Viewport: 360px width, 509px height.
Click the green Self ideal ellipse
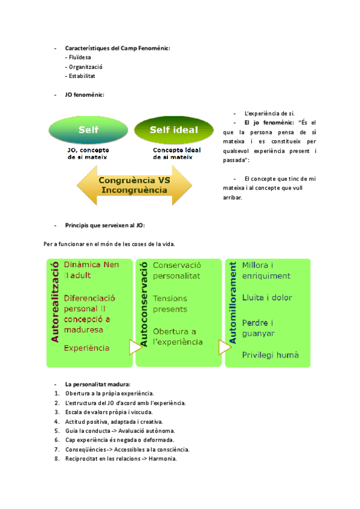(174, 130)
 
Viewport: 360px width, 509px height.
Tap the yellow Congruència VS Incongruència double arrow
(133, 185)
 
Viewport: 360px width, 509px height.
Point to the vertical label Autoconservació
(143, 306)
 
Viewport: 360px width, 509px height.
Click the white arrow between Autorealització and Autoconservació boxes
(135, 347)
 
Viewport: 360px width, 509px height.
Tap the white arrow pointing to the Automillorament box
(224, 347)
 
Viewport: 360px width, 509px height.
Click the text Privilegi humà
(270, 355)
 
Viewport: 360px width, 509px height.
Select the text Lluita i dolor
(266, 298)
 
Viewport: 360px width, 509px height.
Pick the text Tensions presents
(170, 304)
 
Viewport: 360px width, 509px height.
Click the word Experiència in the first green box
(86, 348)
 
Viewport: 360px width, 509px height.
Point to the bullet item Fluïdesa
(80, 57)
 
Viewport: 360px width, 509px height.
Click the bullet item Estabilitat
(82, 76)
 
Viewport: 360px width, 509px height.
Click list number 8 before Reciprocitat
(56, 459)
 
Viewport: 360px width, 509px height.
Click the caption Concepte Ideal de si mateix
(177, 154)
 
